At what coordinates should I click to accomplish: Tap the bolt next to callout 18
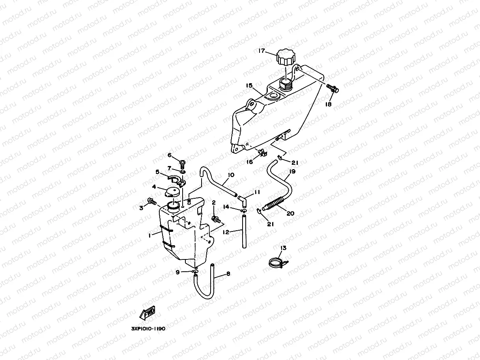pos(333,89)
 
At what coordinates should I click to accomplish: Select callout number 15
pos(249,86)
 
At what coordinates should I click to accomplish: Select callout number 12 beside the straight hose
pos(226,232)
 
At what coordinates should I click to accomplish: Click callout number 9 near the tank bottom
pos(177,272)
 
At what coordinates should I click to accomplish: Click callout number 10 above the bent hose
pos(231,175)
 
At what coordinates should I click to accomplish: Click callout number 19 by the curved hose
pos(292,172)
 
